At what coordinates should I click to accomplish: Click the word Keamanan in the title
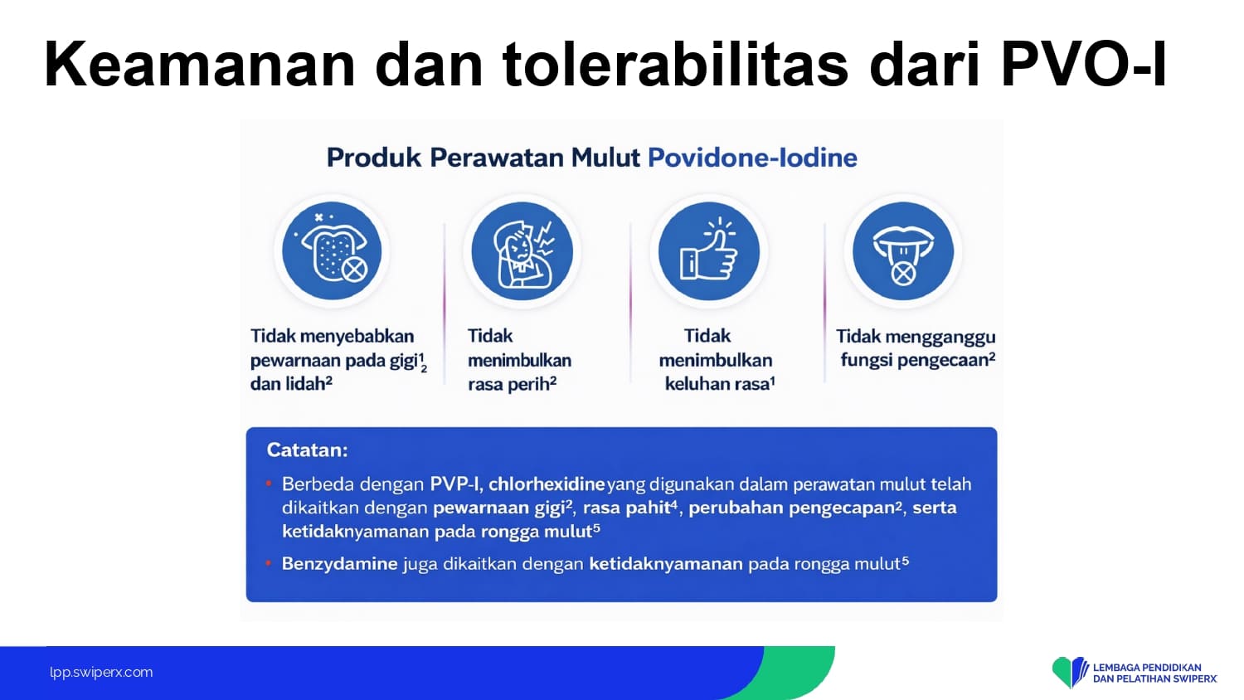(200, 64)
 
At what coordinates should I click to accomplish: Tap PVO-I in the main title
(1083, 64)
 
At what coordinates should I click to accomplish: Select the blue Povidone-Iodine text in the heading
(752, 158)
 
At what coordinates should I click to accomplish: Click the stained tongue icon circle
(332, 250)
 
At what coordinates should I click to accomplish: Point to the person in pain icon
(522, 250)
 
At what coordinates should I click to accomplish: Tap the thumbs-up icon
(708, 250)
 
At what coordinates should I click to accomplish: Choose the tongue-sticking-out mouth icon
(903, 250)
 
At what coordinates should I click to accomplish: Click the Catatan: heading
(307, 450)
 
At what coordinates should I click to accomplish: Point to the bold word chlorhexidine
(547, 484)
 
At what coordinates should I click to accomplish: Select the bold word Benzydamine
(340, 564)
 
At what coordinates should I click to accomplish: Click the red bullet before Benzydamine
(269, 563)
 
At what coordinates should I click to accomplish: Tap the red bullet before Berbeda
(269, 484)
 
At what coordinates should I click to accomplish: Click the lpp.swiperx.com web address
(101, 673)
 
